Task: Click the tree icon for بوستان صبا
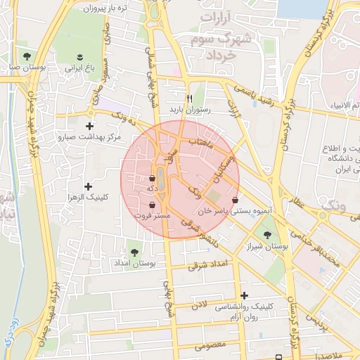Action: coord(27,56)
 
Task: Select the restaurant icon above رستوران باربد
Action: coord(188,98)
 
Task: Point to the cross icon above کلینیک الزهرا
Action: coord(87,186)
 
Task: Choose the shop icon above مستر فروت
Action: coord(153,205)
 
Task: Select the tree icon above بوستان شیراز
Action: coord(266,235)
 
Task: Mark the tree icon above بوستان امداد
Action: coord(134,251)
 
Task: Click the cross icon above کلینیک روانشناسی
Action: coord(244,296)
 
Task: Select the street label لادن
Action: coord(202,304)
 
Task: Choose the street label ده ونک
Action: coord(112,112)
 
